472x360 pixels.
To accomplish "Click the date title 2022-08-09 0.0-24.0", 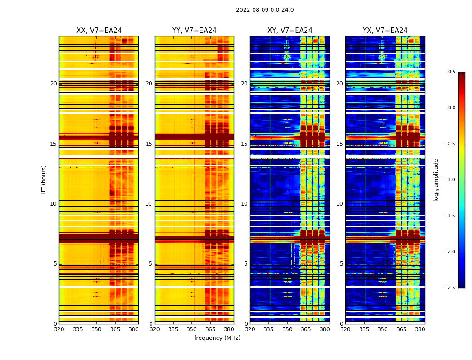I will click(265, 10).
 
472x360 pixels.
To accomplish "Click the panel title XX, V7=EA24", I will click(99, 31).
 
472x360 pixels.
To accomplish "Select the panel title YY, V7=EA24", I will click(194, 31).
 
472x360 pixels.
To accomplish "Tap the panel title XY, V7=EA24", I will click(290, 31).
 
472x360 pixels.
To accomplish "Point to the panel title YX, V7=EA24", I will click(385, 31).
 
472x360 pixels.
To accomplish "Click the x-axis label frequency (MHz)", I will click(217, 338).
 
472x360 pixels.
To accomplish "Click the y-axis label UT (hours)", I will click(44, 180).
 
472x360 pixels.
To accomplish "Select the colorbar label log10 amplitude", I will click(436, 180).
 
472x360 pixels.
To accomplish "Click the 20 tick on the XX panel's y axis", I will click(53, 84).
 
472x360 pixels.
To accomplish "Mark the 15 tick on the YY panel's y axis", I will click(149, 144).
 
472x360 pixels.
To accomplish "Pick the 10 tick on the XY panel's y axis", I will click(244, 204).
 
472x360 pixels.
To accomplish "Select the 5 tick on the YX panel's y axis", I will click(341, 264).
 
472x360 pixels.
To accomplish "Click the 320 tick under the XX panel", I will click(59, 329).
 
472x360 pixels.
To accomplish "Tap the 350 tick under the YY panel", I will click(192, 329).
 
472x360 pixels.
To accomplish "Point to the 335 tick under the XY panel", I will click(269, 329).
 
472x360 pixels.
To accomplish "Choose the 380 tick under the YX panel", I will click(420, 329).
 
